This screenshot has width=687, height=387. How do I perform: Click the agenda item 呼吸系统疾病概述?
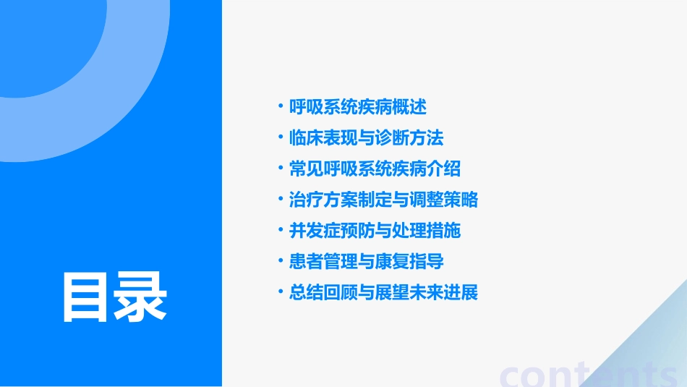click(x=358, y=107)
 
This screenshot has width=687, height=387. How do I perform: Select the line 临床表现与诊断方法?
click(x=367, y=138)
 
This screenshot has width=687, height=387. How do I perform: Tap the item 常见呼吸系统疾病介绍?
click(x=375, y=169)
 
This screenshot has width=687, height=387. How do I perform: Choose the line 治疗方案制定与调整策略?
click(x=383, y=200)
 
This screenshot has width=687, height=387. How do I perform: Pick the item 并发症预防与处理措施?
click(x=375, y=231)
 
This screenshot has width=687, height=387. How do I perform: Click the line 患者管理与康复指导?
click(x=367, y=261)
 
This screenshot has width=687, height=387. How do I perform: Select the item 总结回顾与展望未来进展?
click(x=383, y=292)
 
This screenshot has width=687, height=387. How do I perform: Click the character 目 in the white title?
click(x=88, y=297)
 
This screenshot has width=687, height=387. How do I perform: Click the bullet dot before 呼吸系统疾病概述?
click(x=281, y=107)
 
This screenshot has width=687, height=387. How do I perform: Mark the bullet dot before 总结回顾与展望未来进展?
click(x=281, y=292)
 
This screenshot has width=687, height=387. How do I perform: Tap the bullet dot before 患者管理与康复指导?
click(x=281, y=261)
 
